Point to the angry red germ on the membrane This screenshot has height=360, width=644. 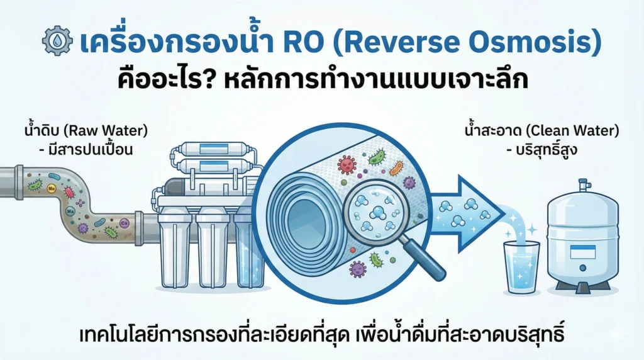point(346,165)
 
